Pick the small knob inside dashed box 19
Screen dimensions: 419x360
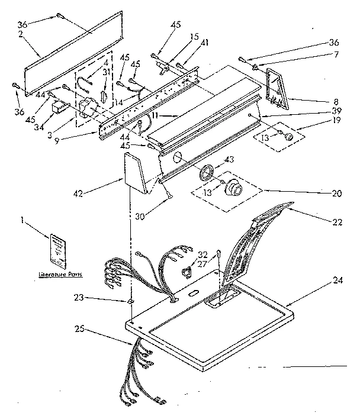click(x=289, y=136)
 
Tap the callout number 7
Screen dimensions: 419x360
click(x=336, y=55)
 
